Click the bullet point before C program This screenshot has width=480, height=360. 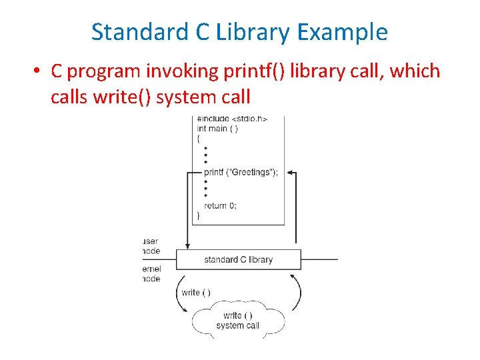point(40,71)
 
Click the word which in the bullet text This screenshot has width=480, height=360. point(415,71)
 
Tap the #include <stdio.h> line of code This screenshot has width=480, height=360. point(232,119)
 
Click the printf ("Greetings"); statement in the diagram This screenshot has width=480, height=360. point(241,172)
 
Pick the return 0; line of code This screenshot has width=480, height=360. point(220,205)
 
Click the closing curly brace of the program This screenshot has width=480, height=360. point(198,215)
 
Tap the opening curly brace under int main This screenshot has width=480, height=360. point(198,137)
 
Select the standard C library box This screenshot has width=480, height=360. point(238,259)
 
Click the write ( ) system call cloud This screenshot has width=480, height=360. point(237,321)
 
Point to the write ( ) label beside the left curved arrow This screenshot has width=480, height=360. point(195,292)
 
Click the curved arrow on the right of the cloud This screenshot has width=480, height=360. point(295,292)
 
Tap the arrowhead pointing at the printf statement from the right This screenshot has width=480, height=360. point(291,173)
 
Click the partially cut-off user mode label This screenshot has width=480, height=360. point(151,246)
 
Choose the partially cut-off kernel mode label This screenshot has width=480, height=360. point(151,273)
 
